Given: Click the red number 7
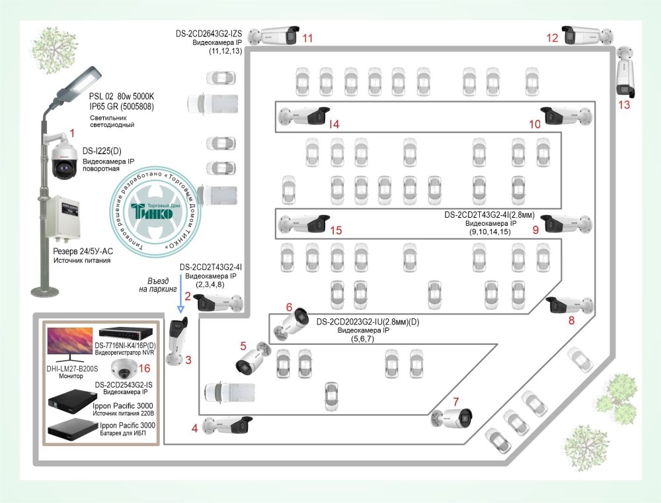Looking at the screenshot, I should (x=455, y=401).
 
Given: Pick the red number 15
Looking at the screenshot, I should (x=335, y=230).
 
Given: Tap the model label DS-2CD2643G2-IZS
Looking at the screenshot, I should (x=209, y=32).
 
